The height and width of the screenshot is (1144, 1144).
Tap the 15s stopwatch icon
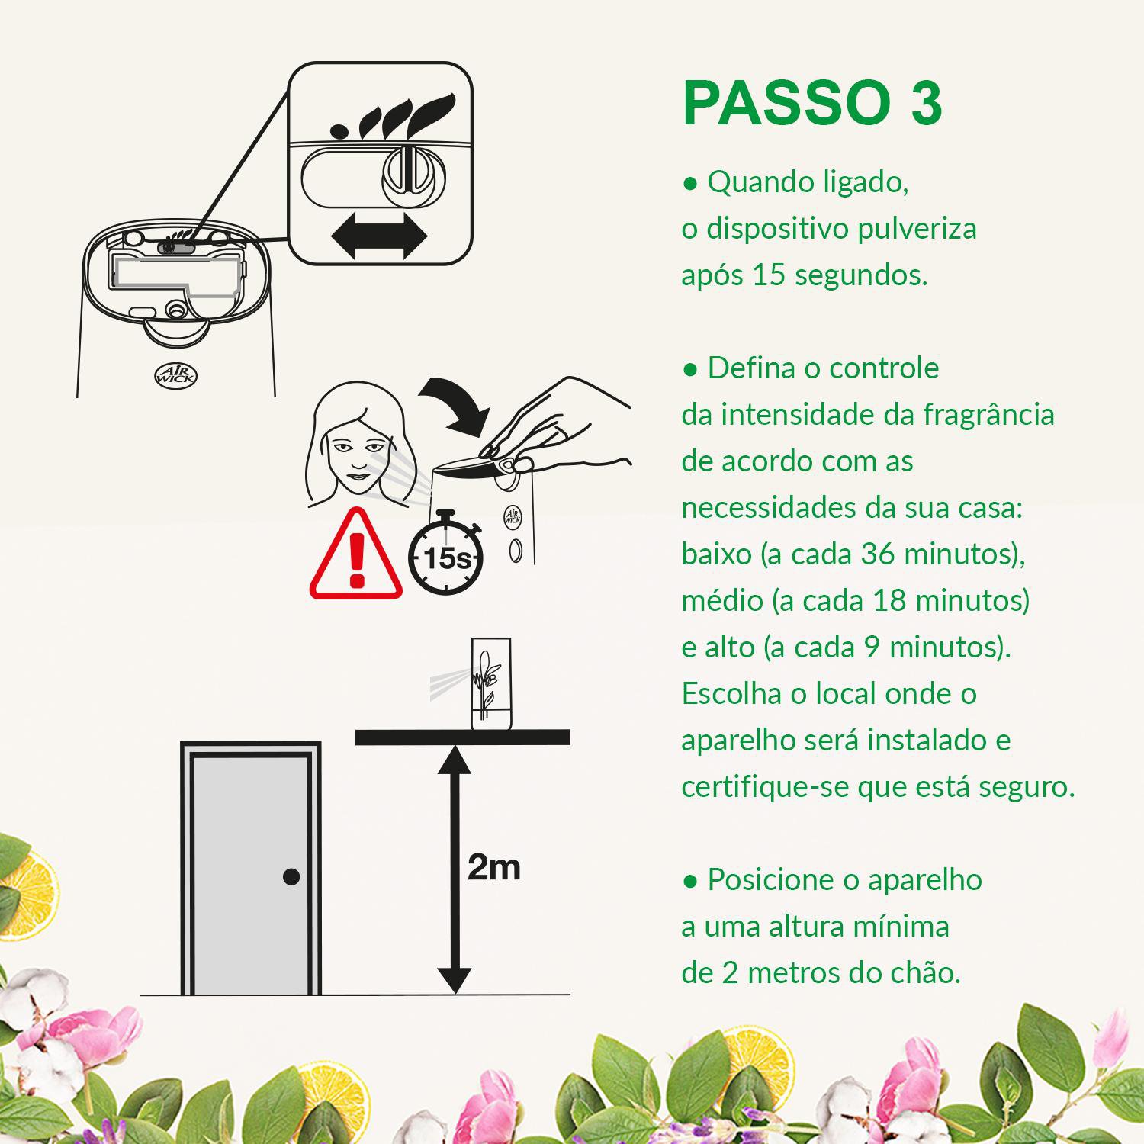click(445, 557)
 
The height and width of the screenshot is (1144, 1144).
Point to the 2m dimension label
click(493, 867)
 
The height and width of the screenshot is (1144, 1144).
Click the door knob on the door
click(291, 876)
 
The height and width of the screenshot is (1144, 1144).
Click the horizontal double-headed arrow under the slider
click(379, 236)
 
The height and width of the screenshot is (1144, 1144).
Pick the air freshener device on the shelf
click(490, 683)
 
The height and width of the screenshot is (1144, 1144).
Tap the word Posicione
click(771, 880)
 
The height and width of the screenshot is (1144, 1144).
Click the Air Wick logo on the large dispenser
click(176, 374)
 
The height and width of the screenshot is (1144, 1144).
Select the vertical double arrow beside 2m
click(455, 869)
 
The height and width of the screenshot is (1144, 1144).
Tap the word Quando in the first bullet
click(750, 182)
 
